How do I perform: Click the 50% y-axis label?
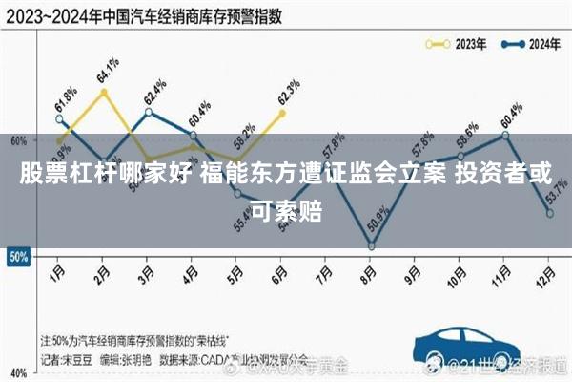tap(16, 257)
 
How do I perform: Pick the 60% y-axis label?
tap(16, 141)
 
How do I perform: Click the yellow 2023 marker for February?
tap(103, 92)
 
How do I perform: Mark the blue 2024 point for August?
tap(371, 246)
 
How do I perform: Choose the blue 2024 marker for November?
tap(505, 135)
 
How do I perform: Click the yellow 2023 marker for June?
tap(282, 113)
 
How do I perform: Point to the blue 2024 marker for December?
tap(550, 213)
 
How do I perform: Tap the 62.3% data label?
tap(287, 93)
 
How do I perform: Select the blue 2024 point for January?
tap(59, 119)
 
